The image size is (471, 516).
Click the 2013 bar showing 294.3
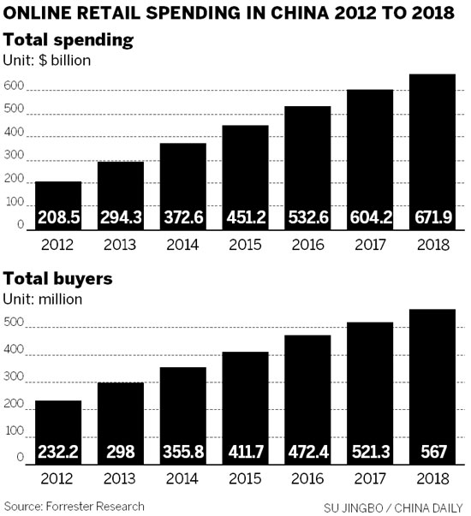120,196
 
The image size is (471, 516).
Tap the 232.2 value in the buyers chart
57,452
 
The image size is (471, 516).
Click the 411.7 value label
245,452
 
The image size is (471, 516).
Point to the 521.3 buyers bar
369,394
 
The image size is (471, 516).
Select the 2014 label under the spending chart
182,243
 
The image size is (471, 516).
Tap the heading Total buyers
57,279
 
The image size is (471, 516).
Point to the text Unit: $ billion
49,60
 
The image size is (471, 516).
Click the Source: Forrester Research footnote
73,505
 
